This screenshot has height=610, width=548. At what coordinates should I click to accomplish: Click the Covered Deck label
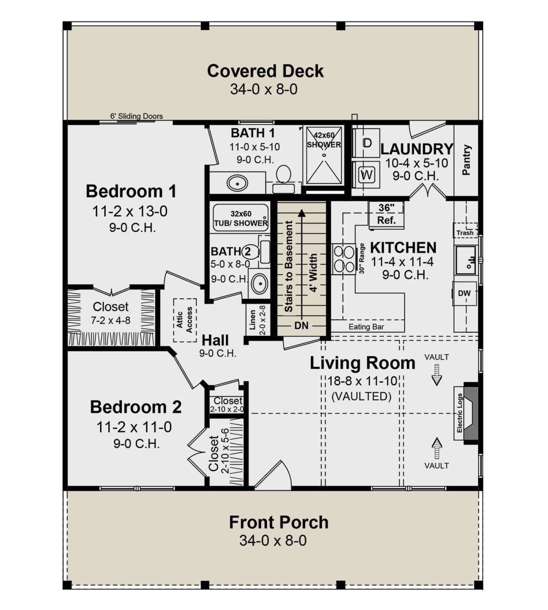[x=265, y=71]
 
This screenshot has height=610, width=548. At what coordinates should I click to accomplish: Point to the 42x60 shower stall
[x=324, y=156]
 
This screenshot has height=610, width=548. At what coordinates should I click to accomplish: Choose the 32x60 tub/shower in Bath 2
[x=241, y=218]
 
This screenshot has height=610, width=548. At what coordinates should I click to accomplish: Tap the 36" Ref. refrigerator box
[x=386, y=214]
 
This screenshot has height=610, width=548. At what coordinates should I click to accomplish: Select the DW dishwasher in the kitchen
[x=464, y=293]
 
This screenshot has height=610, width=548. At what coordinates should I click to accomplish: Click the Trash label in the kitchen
[x=465, y=233]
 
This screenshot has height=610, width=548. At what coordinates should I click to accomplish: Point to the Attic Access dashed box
[x=185, y=320]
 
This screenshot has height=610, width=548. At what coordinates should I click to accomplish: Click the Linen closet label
[x=253, y=320]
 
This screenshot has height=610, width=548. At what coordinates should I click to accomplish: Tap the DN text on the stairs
[x=301, y=325]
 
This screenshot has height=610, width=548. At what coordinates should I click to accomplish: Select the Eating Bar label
[x=366, y=327]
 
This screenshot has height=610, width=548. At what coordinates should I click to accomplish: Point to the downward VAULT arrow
[x=437, y=375]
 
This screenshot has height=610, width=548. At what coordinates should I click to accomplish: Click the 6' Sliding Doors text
[x=137, y=116]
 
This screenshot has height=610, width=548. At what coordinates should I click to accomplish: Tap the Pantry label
[x=466, y=160]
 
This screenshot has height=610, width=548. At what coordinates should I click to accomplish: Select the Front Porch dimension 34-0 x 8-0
[x=273, y=541]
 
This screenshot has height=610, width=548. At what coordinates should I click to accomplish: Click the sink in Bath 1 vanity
[x=237, y=183]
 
